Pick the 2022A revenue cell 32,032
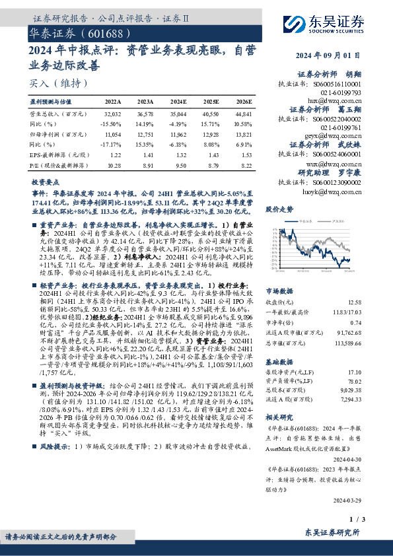pos(113,114)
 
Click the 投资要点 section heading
pos(46,180)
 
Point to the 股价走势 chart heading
pos(279,209)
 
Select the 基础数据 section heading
pos(279,363)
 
